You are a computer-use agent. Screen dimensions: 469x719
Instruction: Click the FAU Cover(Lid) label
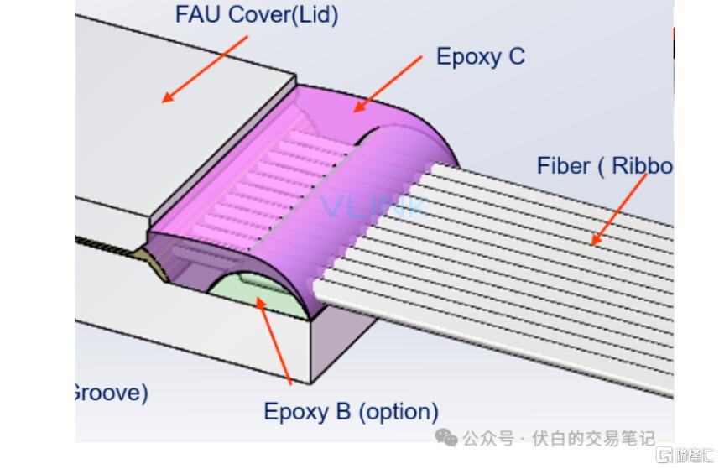click(256, 15)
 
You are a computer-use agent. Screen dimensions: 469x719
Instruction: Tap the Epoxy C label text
click(480, 56)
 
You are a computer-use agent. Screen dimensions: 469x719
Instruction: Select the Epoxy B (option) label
click(351, 412)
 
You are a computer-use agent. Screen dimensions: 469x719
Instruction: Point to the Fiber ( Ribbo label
click(604, 165)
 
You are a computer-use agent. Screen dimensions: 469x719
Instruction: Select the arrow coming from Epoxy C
click(388, 82)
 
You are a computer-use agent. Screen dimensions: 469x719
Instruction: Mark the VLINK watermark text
click(373, 206)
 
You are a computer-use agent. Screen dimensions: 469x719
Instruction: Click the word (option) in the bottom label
click(399, 412)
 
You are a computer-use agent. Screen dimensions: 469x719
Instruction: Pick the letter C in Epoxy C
click(515, 56)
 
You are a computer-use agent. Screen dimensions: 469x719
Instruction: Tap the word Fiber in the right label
click(563, 165)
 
